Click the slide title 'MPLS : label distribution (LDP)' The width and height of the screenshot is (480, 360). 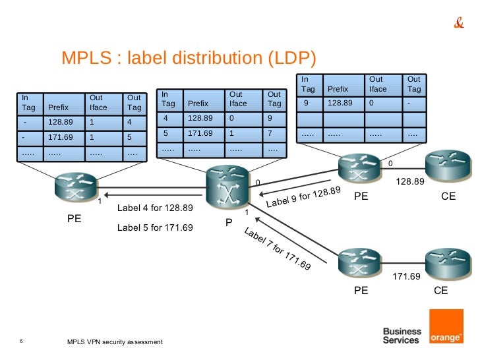click(x=189, y=59)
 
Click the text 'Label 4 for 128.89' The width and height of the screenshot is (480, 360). click(x=155, y=208)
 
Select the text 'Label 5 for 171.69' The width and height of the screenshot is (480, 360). click(x=155, y=228)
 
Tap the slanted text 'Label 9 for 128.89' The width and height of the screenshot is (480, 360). click(x=303, y=197)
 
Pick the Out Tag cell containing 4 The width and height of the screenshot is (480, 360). click(x=134, y=122)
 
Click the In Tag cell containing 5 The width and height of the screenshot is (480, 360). click(x=169, y=133)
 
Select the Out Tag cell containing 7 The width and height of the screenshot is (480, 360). click(x=272, y=133)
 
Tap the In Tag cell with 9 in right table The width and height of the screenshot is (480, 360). click(x=307, y=104)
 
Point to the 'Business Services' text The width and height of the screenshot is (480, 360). click(x=402, y=336)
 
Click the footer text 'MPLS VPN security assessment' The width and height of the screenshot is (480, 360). click(x=115, y=344)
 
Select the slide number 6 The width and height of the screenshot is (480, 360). click(x=22, y=341)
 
